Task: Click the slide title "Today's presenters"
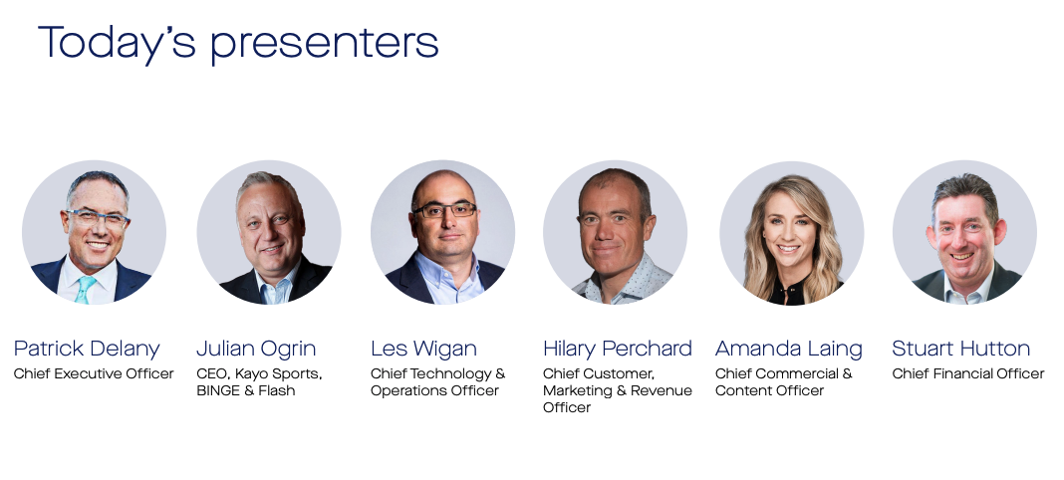pyautogui.click(x=238, y=44)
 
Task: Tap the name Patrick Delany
pyautogui.click(x=87, y=349)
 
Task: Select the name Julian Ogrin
pyautogui.click(x=256, y=349)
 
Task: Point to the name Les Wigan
pyautogui.click(x=423, y=349)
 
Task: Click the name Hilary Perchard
pyautogui.click(x=617, y=349)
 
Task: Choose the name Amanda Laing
pyautogui.click(x=788, y=349)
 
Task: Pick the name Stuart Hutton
pyautogui.click(x=960, y=349)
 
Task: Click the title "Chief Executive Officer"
pyautogui.click(x=94, y=373)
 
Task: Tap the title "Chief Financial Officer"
pyautogui.click(x=968, y=373)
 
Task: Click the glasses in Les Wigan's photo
pyautogui.click(x=444, y=210)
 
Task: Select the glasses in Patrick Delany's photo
pyautogui.click(x=97, y=219)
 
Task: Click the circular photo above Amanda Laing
pyautogui.click(x=791, y=233)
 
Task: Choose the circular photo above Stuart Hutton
pyautogui.click(x=964, y=233)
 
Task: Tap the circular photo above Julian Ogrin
pyautogui.click(x=269, y=233)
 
